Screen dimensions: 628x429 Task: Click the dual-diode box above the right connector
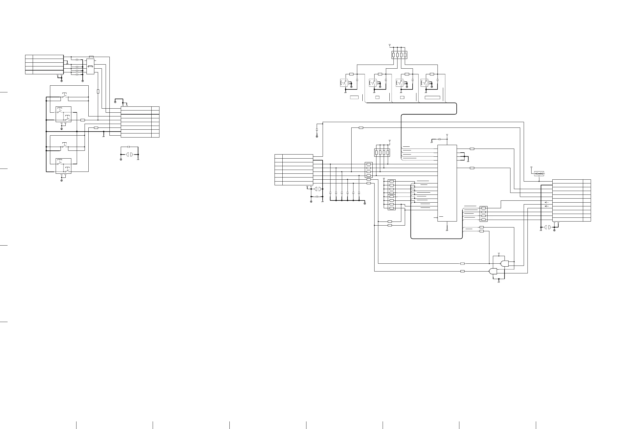(539, 174)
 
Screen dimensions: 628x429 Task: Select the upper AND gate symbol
(504, 264)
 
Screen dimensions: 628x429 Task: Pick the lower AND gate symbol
(493, 271)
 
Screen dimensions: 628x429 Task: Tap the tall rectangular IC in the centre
(447, 183)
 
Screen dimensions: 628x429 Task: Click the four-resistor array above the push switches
(399, 55)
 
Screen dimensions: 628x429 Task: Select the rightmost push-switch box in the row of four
(424, 83)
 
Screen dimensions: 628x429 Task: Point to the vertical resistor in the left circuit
(98, 91)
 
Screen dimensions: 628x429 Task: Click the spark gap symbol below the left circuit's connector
(129, 155)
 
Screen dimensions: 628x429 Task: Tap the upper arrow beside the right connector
(547, 202)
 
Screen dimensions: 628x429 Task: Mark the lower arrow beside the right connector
(547, 206)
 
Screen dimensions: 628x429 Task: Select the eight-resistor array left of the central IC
(392, 195)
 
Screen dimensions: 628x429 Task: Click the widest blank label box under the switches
(432, 98)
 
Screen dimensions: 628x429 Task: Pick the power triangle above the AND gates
(499, 254)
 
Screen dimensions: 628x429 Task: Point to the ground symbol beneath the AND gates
(499, 282)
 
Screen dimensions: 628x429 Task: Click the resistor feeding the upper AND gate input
(462, 263)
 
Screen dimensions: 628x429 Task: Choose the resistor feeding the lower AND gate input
(462, 271)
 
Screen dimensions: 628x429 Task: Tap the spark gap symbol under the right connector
(547, 227)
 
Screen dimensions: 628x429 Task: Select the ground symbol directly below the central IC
(447, 230)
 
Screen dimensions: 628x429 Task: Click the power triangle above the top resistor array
(389, 45)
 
